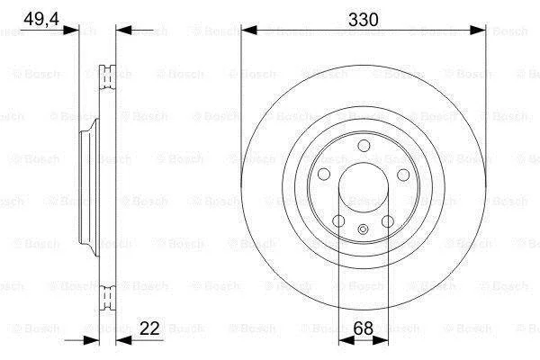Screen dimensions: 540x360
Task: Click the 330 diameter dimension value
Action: click(x=364, y=20)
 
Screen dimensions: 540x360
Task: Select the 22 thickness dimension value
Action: click(x=149, y=328)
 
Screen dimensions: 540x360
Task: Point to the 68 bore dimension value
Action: click(x=364, y=328)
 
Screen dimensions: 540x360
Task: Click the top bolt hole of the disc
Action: click(x=364, y=146)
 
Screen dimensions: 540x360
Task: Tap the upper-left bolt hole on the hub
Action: click(x=324, y=175)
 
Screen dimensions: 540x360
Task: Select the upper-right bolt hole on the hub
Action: click(x=403, y=175)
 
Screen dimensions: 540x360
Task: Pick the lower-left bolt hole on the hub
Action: click(x=339, y=221)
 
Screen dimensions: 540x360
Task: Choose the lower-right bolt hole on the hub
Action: click(x=388, y=221)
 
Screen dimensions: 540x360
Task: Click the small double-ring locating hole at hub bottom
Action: click(x=364, y=229)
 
